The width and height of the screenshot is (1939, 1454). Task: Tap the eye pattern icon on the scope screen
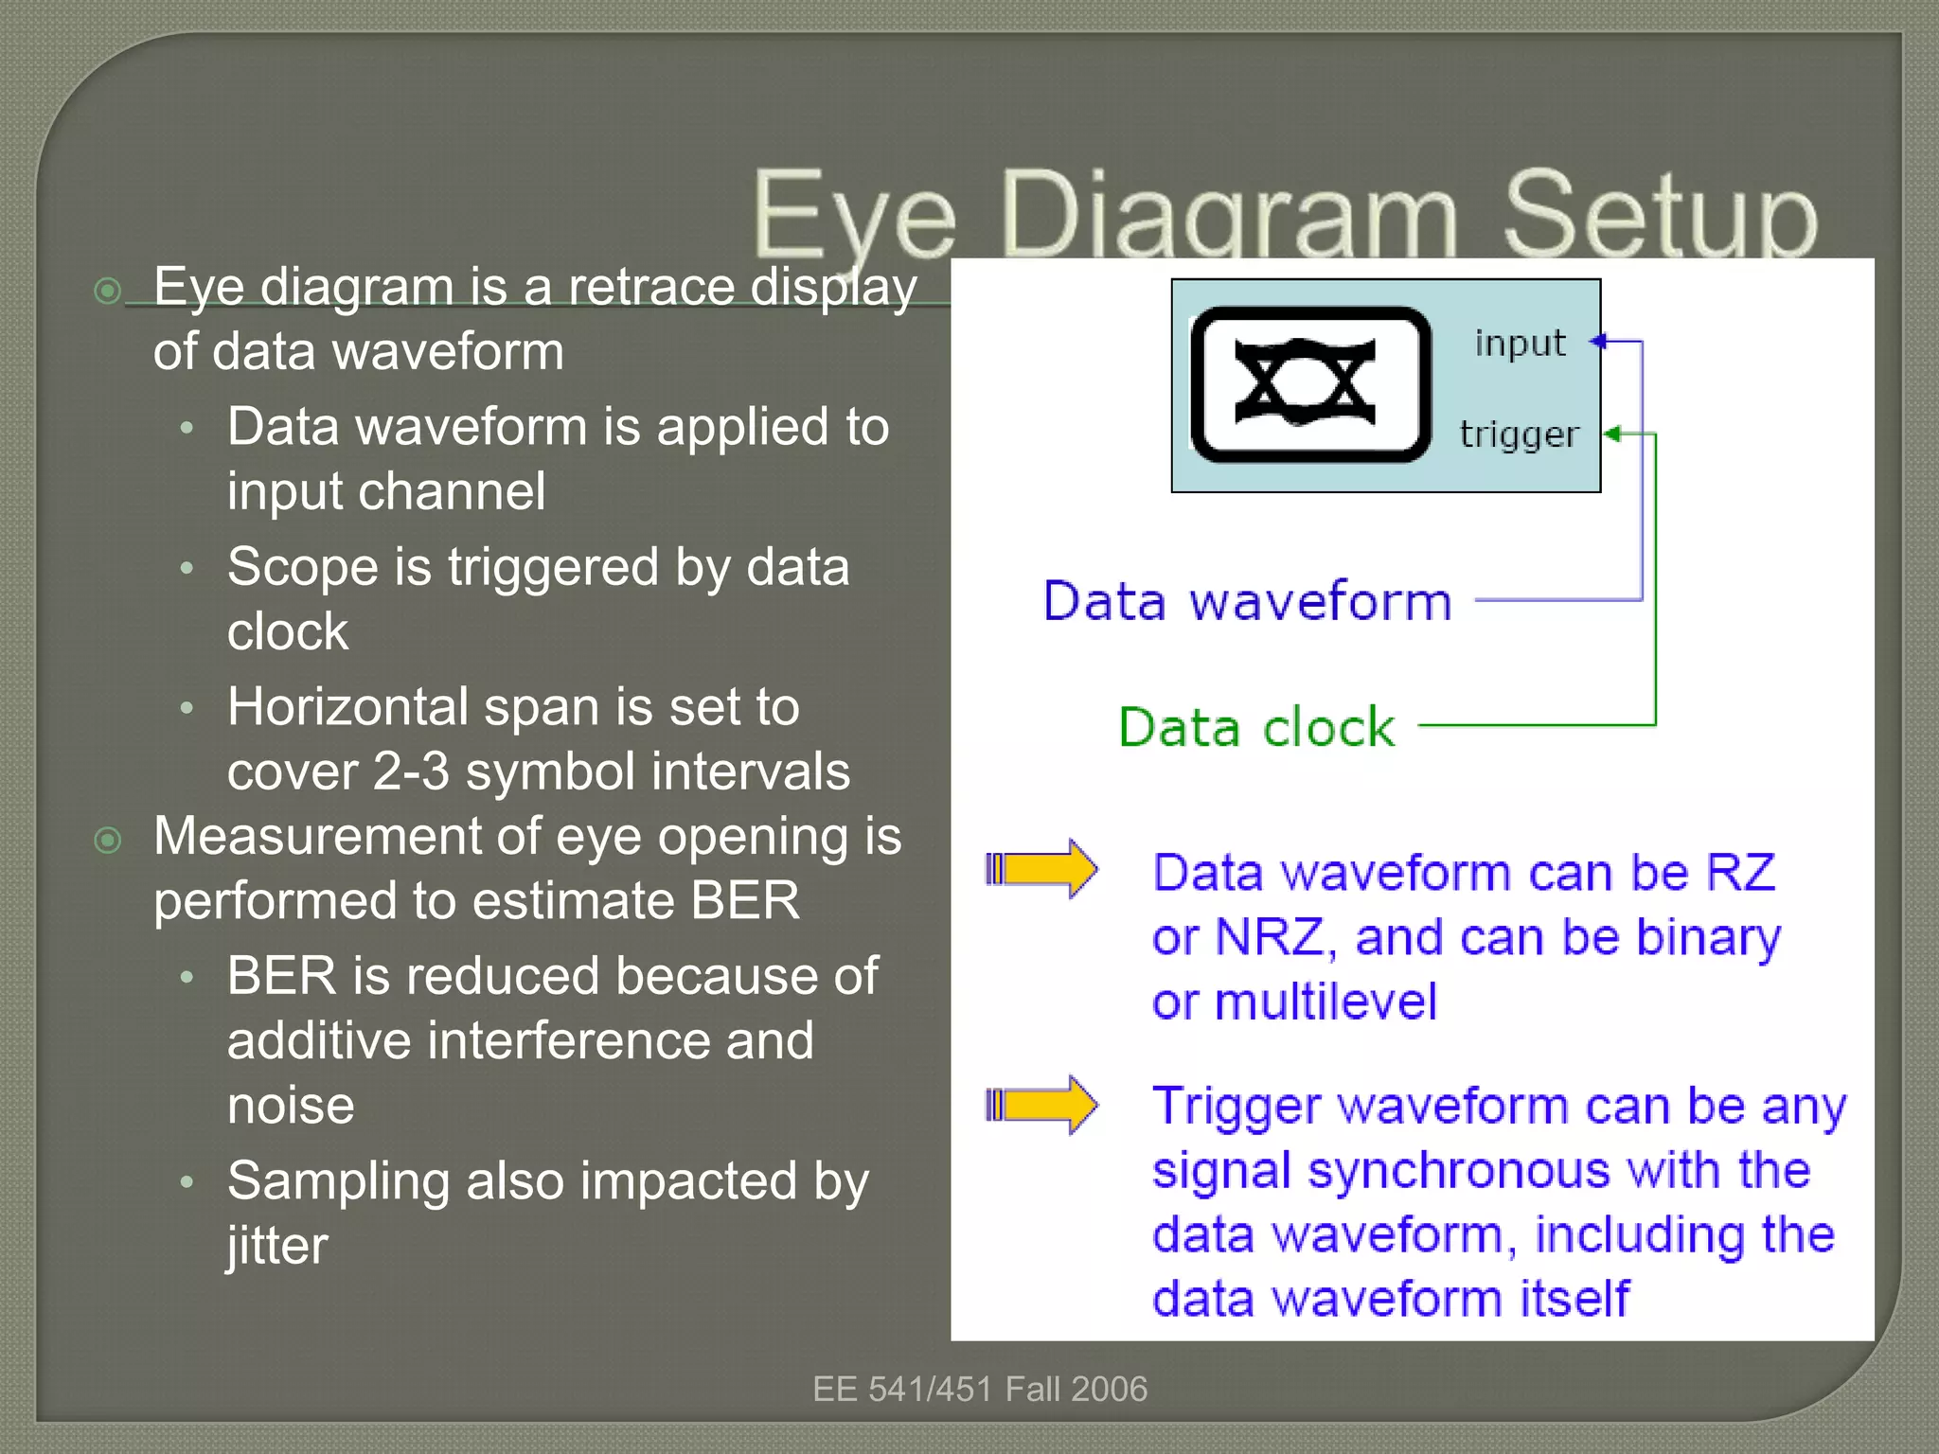point(1305,383)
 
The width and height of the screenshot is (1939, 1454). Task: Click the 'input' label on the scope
point(1520,343)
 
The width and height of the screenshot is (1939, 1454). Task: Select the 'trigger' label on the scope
point(1519,434)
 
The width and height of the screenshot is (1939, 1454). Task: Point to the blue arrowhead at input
point(1598,341)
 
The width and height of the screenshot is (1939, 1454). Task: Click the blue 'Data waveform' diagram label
point(1247,601)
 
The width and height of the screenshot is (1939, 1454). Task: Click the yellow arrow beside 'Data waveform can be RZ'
point(1041,868)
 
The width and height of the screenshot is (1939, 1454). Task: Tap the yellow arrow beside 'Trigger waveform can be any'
point(1041,1104)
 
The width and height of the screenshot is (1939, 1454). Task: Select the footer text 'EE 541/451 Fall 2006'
point(979,1389)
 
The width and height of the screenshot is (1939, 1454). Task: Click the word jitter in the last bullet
point(276,1245)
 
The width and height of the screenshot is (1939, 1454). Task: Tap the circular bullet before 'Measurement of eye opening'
point(109,840)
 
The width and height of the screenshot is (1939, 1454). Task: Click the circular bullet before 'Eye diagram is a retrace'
point(109,290)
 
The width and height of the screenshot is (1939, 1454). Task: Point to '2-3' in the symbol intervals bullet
point(411,771)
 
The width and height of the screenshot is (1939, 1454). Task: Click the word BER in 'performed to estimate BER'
point(745,900)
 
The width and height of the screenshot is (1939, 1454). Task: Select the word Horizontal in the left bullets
point(347,707)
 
